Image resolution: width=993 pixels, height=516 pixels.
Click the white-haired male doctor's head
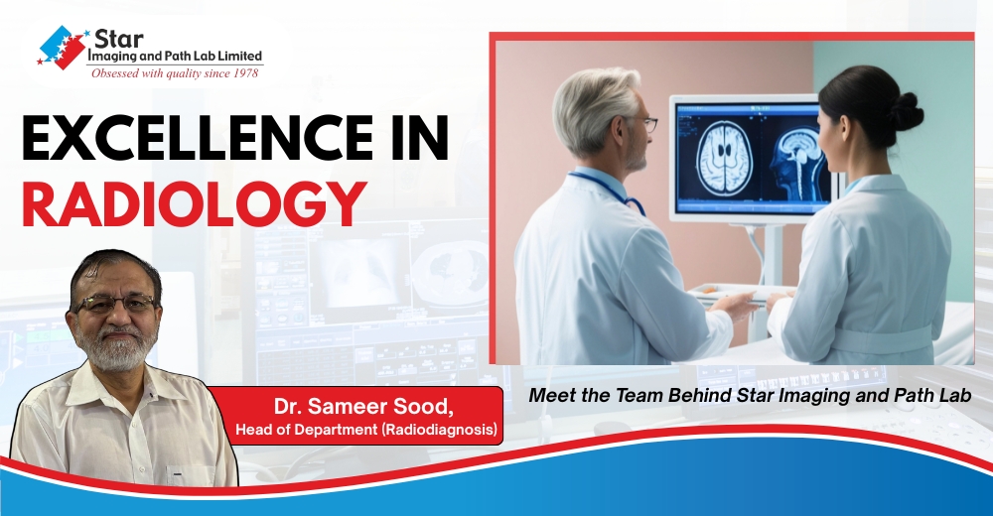(597, 109)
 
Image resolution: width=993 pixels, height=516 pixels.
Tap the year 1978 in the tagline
(243, 72)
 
